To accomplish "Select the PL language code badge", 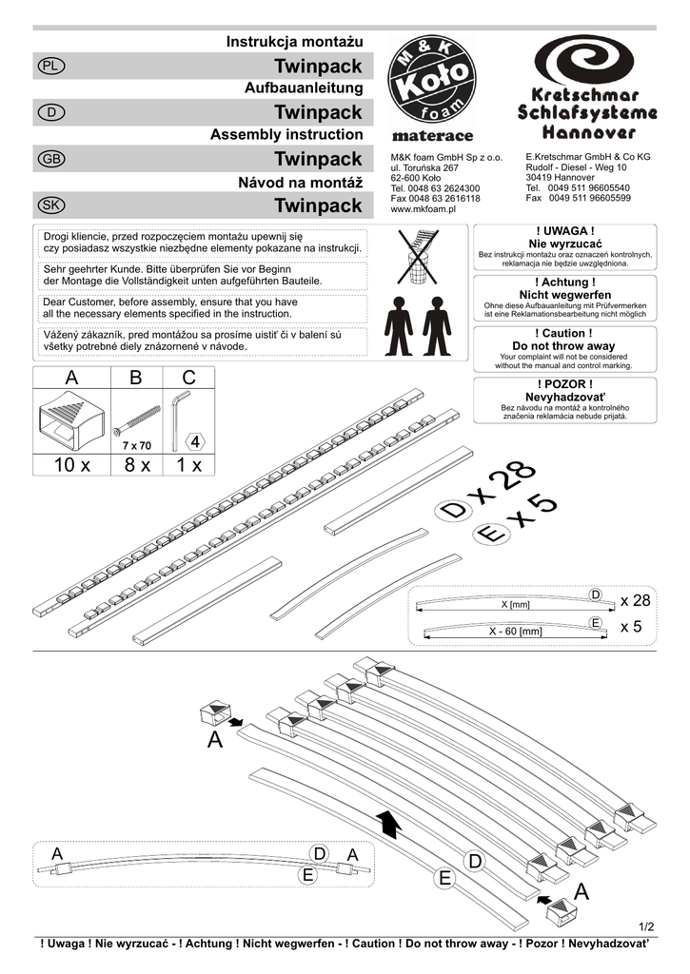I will pos(50,66).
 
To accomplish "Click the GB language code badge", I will pos(50,159).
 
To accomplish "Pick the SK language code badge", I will pos(50,205).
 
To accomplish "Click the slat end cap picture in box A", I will pos(71,421).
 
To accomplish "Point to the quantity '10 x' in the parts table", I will pos(71,466).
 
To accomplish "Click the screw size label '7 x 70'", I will pos(137,445).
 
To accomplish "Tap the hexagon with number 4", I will pos(194,442).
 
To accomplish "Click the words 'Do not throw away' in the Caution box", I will pos(564,346).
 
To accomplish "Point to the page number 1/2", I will pos(646,925).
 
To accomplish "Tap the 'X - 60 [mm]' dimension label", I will pos(515,631).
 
